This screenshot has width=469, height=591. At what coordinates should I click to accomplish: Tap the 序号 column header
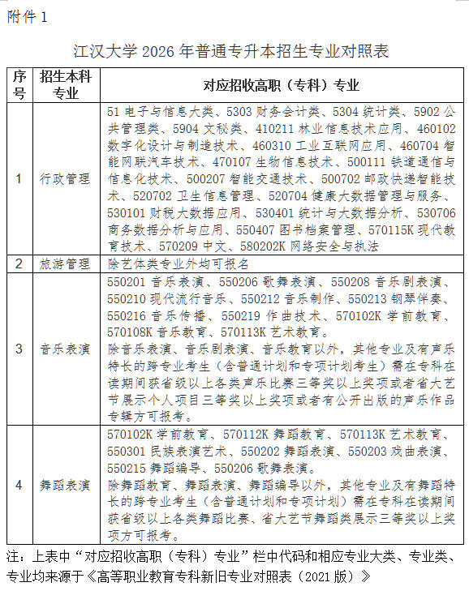[19, 85]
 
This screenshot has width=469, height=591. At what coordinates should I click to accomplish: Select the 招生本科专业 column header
[65, 85]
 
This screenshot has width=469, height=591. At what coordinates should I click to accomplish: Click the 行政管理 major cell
[65, 178]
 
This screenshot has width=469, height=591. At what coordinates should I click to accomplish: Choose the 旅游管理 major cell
[65, 263]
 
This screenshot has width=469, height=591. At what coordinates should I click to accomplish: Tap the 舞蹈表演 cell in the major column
[65, 485]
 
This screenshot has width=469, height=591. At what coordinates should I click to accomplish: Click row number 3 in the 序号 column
[19, 349]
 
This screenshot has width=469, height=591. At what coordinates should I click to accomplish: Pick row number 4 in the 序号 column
[19, 485]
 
